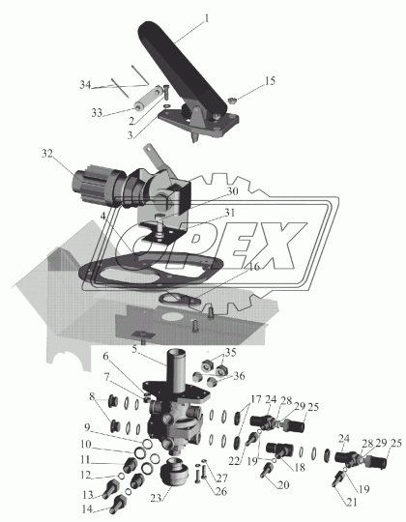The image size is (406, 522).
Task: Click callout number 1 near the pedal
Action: [206, 18]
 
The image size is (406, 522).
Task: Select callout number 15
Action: [270, 81]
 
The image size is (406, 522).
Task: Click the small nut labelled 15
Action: [232, 100]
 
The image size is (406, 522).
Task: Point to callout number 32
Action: [47, 154]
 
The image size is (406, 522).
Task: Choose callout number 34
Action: [85, 85]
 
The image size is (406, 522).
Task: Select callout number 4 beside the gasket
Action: [103, 217]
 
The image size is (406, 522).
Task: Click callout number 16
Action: [254, 267]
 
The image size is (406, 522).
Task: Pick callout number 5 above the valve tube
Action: [134, 349]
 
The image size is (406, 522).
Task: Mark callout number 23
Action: [156, 499]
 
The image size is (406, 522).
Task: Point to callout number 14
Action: [87, 509]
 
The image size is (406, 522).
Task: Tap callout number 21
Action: [352, 502]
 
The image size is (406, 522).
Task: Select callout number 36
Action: [239, 376]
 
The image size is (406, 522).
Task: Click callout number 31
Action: [229, 213]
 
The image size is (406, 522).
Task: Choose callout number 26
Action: [221, 491]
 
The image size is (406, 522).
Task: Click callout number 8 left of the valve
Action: [92, 396]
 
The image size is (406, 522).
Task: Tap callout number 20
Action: [283, 485]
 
